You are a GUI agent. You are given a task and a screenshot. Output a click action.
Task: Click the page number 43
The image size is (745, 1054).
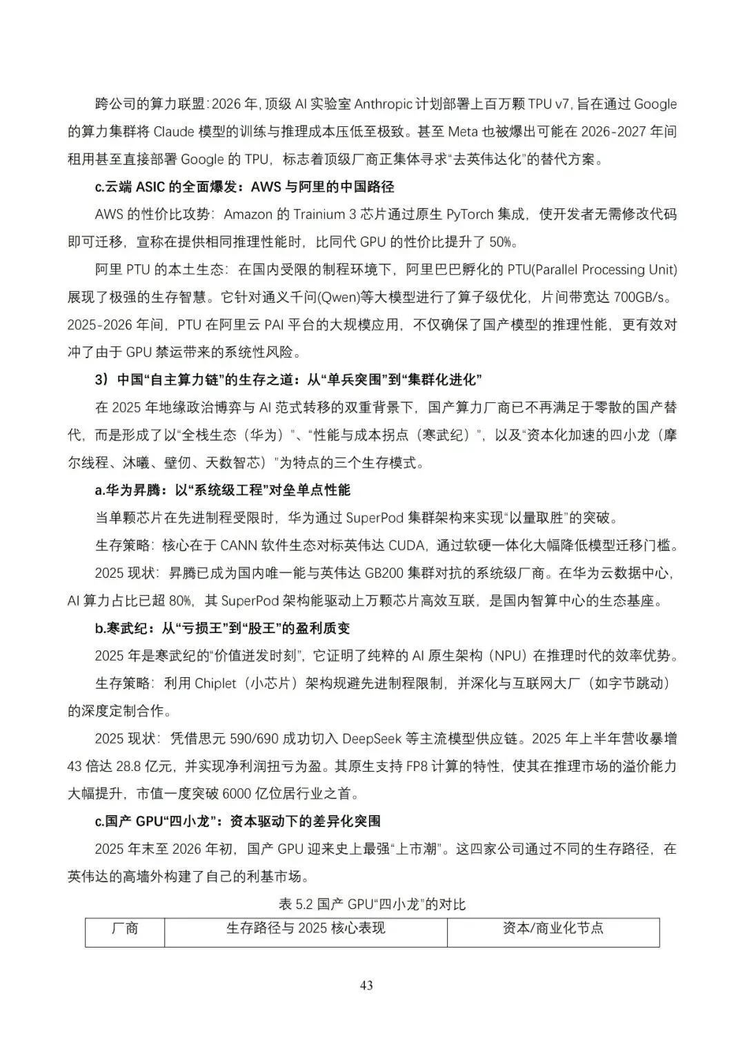coord(366,986)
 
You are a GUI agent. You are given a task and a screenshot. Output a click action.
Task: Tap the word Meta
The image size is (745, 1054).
coord(464,132)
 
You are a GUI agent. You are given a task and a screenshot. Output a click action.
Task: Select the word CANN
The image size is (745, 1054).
coord(238,545)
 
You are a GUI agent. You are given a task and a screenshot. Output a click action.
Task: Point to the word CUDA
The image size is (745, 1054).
coord(408,545)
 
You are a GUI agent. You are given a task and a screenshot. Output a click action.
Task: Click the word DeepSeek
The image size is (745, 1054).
coord(372,739)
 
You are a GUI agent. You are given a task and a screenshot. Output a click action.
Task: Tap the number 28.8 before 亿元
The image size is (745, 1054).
coord(129,766)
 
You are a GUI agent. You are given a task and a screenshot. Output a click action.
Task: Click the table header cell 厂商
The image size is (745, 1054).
coord(125,928)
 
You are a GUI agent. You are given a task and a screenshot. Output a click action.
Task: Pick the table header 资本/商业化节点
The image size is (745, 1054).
coord(553,928)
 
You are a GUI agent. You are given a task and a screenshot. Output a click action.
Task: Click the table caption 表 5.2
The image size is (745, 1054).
coord(296,904)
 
